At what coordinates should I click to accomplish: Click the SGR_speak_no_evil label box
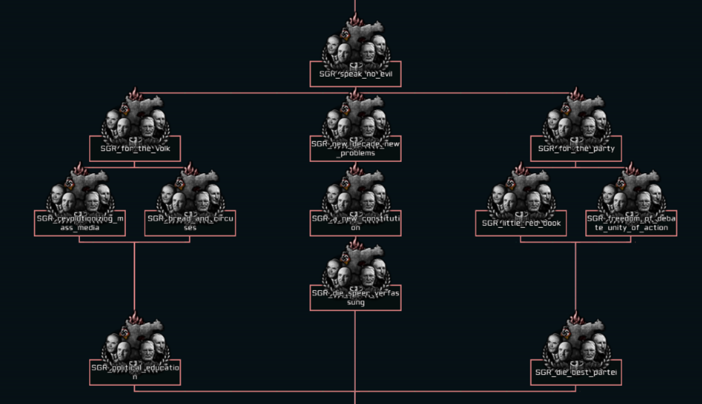356,74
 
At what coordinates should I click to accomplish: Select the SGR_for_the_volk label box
135,149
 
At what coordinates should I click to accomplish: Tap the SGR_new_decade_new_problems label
356,149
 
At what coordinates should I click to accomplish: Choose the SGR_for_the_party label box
576,149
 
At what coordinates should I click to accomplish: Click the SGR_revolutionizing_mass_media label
80,223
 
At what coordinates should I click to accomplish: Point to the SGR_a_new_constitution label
356,223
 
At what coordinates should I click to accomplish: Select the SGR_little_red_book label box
521,223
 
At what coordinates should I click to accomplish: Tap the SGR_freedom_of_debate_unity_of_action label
631,223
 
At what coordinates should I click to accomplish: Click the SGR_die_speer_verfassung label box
356,298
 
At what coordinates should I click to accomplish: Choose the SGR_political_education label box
135,372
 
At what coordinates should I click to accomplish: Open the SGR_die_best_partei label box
576,372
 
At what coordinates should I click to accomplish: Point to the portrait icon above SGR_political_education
135,343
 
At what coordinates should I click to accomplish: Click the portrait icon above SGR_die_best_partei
576,343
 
